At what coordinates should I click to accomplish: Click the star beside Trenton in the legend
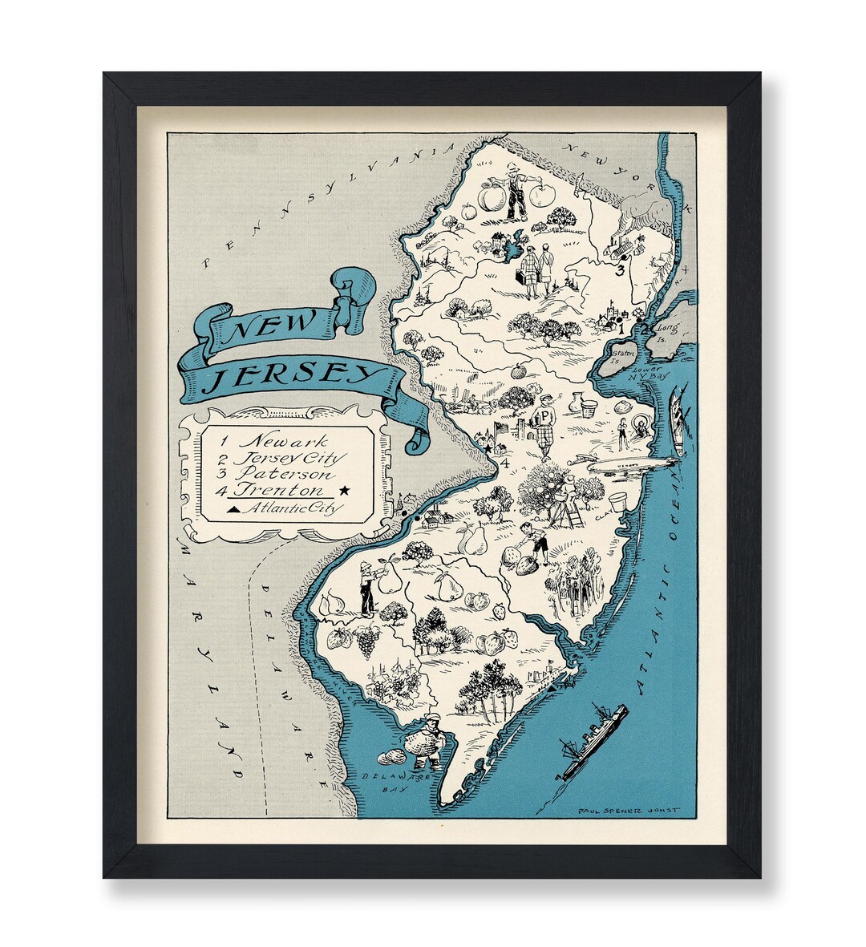tap(345, 490)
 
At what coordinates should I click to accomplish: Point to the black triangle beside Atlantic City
tap(233, 508)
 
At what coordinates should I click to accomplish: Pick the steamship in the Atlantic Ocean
tap(593, 740)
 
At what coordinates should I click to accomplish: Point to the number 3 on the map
tap(619, 271)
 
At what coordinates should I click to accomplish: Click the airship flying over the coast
tap(625, 464)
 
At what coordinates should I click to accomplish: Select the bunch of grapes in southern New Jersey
tap(366, 639)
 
